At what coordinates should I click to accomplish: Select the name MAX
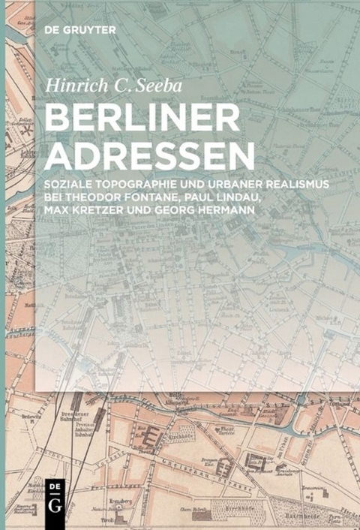pyautogui.click(x=58, y=206)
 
